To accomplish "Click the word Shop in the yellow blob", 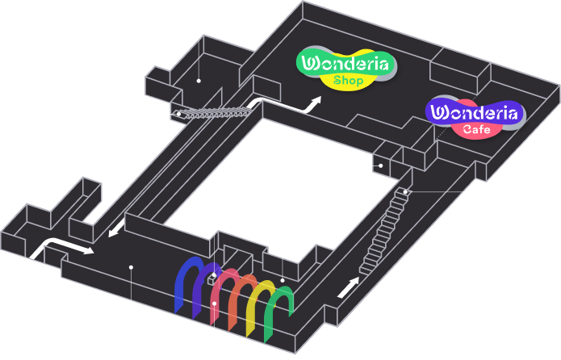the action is tap(348, 81).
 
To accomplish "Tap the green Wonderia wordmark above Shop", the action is tap(345, 64).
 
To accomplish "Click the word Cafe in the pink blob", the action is tap(476, 129).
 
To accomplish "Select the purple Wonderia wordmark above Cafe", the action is tap(474, 113).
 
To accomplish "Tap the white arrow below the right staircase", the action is tap(348, 287).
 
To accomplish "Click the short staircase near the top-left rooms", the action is tap(215, 114).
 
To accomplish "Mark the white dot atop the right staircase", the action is tap(405, 192).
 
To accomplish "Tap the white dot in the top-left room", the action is tap(199, 81).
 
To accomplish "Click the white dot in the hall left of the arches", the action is tap(132, 267).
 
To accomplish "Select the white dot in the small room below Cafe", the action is tap(381, 165).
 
